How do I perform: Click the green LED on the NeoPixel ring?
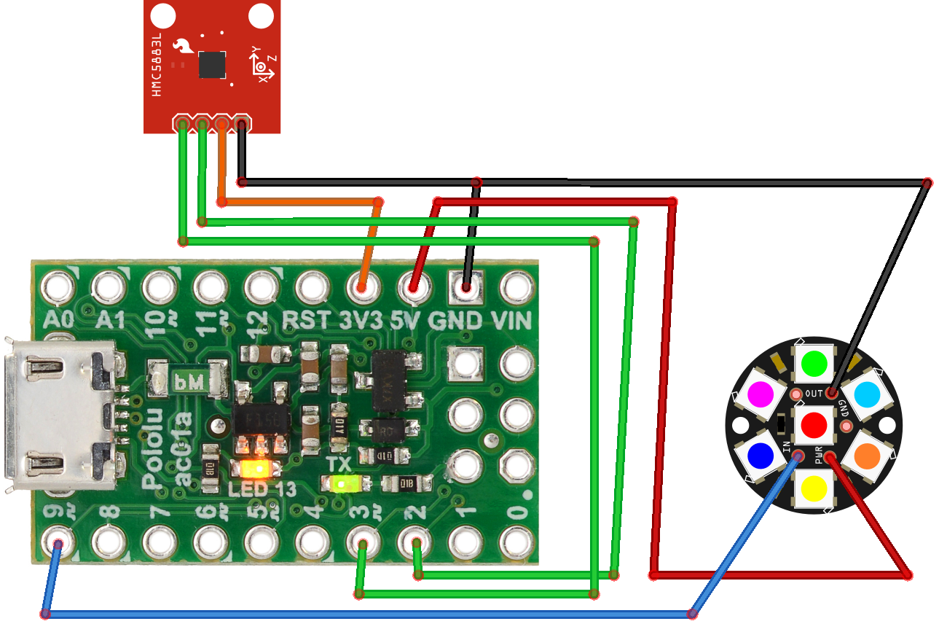814,362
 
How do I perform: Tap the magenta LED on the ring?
761,394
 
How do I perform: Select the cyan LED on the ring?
867,394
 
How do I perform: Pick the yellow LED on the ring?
814,486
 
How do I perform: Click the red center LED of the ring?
814,424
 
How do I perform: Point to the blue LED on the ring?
761,455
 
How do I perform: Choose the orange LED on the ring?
867,455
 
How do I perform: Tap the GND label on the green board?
455,320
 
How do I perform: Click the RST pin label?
309,320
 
